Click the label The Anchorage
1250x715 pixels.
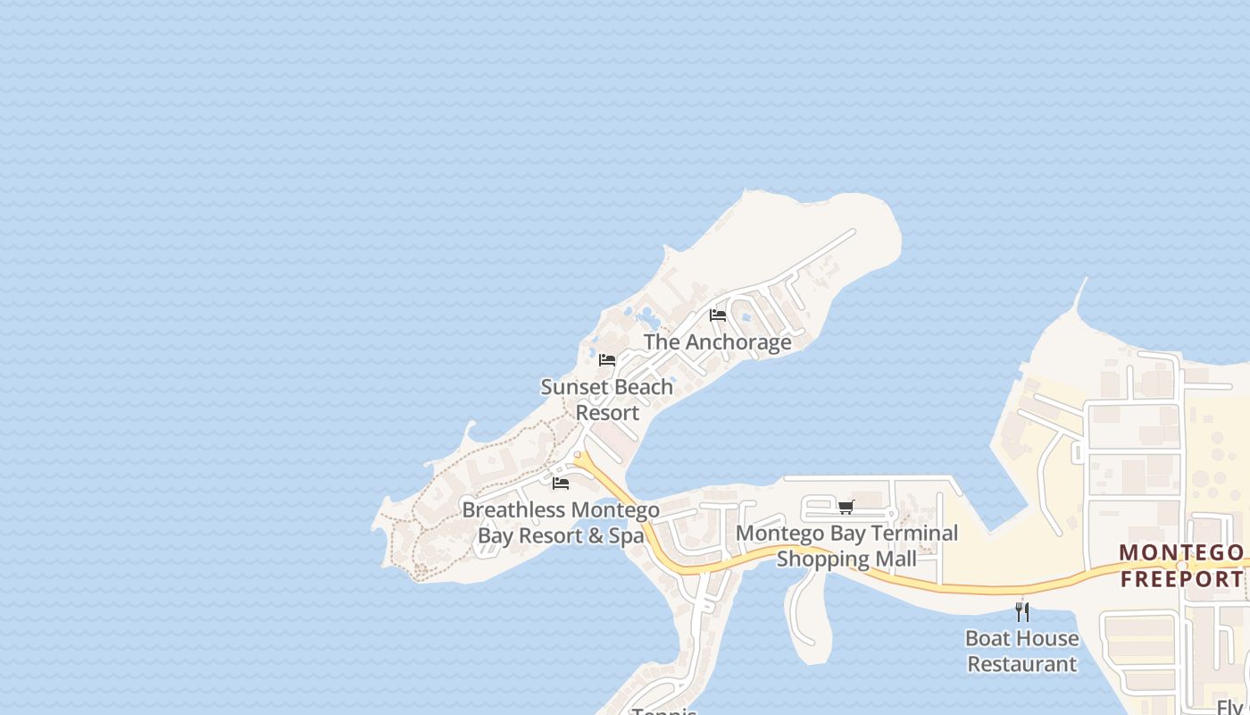[x=717, y=341]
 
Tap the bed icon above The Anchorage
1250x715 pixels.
[x=717, y=315]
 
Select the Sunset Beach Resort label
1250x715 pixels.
[x=607, y=400]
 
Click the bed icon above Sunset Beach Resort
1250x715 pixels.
[x=607, y=360]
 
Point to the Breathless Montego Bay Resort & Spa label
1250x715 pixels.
[x=561, y=523]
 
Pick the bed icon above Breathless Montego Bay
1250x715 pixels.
[x=561, y=484]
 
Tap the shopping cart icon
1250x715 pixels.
[x=846, y=507]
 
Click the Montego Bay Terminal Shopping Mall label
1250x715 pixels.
[x=846, y=546]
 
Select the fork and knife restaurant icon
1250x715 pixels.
[x=1022, y=612]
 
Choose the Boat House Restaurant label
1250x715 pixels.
[x=1022, y=652]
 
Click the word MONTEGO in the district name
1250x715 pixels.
[x=1180, y=552]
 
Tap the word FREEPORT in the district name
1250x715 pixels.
[x=1181, y=578]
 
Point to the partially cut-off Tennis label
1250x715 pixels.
[x=664, y=711]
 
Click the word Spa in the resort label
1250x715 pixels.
[x=627, y=536]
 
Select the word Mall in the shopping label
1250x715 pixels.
[x=896, y=559]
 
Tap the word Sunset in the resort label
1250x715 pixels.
[x=573, y=387]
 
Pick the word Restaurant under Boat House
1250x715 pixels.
[x=1022, y=664]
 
